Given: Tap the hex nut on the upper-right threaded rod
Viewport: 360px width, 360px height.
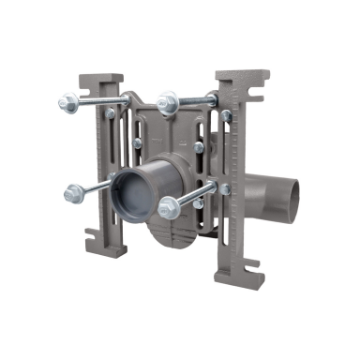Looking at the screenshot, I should pos(169,100).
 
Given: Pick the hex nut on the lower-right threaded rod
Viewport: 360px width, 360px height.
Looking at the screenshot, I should pos(168,208).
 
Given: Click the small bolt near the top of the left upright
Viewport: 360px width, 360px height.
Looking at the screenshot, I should pos(111,113).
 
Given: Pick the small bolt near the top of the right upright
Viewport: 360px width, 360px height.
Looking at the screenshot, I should pos(225,116).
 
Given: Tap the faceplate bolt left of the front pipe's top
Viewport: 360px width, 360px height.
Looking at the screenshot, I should pos(138,142).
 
